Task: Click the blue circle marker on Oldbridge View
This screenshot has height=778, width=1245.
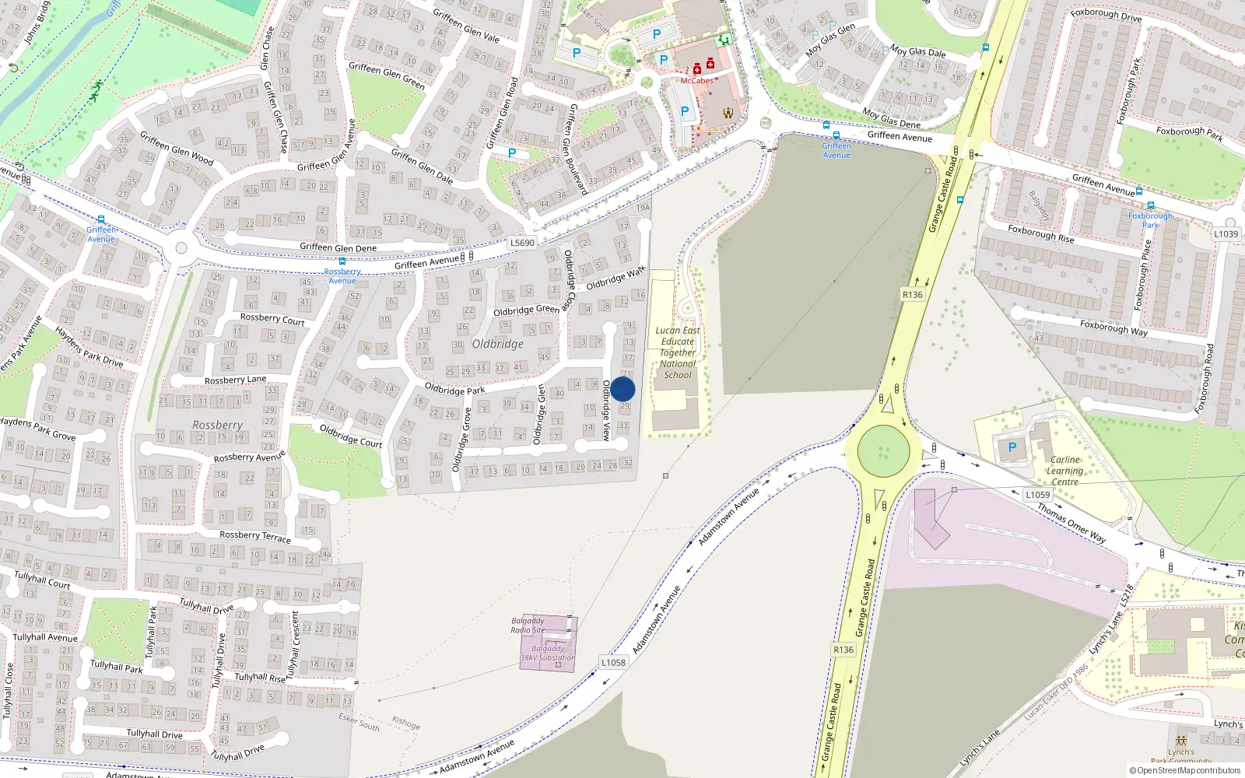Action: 622,390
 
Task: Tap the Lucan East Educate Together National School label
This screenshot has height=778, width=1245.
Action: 678,352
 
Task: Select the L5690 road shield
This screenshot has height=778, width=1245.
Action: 522,243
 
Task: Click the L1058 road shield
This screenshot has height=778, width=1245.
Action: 613,662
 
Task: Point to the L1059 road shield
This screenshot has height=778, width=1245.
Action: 1037,495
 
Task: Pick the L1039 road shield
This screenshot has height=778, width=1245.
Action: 1226,234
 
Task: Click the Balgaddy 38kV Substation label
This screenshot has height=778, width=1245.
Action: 548,653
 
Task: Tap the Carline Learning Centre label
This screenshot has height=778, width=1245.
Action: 1064,471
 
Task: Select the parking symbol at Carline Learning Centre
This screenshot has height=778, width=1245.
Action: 1012,447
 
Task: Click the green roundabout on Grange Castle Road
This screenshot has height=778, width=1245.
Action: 883,450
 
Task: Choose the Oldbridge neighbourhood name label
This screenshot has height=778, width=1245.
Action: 497,344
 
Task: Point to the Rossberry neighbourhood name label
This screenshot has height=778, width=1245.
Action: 218,425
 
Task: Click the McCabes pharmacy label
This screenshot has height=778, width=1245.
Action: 696,81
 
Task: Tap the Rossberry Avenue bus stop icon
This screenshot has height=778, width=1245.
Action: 342,261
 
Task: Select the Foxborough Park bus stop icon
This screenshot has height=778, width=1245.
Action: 1150,206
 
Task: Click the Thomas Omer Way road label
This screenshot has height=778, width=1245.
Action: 1071,522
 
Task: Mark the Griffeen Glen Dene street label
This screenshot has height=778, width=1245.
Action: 338,247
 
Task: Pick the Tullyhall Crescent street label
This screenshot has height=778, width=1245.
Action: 294,644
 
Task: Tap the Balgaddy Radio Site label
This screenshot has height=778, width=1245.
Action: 528,626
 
